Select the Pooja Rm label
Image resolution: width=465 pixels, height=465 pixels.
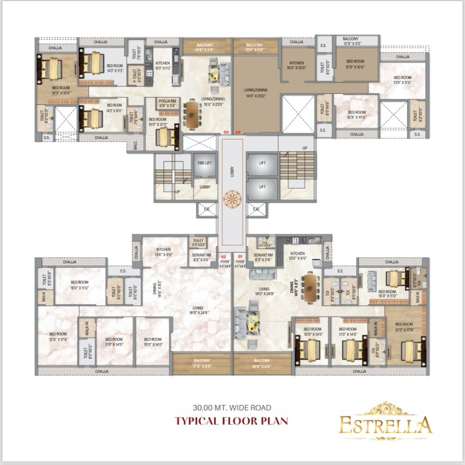tap(165, 103)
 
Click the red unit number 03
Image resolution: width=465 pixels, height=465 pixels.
tap(227, 132)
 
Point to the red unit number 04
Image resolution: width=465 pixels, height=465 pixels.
tap(238, 132)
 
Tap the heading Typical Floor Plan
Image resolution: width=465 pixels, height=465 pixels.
tap(232, 420)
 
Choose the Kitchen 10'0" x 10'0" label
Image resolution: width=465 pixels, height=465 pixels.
tap(296, 65)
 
